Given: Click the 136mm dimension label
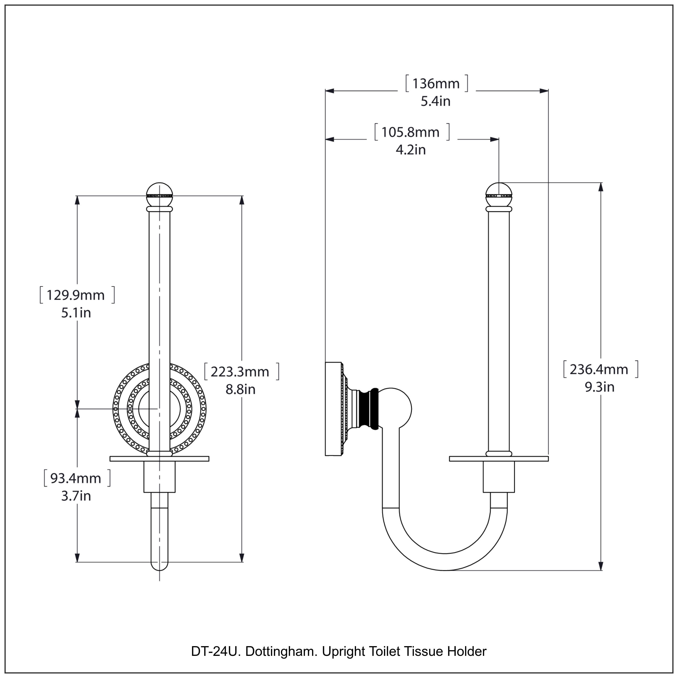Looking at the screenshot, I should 436,84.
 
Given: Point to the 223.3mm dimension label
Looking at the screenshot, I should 240,372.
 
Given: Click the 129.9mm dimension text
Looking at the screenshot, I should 75,295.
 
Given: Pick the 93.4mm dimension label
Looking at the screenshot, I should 75,478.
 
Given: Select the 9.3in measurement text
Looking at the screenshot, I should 599,387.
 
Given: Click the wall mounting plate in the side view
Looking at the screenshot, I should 333,409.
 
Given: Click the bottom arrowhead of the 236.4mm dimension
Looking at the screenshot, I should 601,566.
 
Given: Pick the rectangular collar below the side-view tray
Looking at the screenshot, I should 499,477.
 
